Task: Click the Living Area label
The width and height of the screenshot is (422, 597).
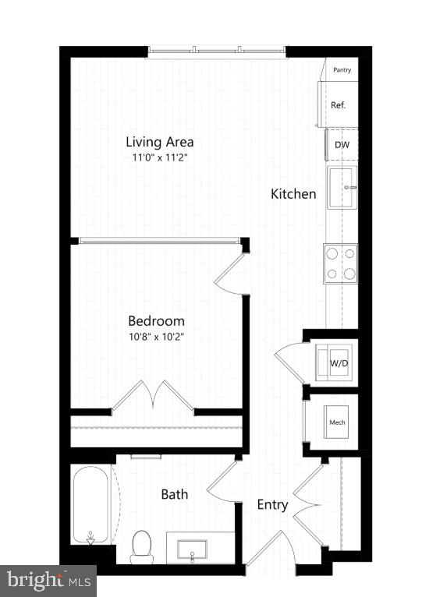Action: tap(160, 142)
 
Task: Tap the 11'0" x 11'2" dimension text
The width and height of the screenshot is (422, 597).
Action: tap(160, 157)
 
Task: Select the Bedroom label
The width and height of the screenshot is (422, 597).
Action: tap(157, 320)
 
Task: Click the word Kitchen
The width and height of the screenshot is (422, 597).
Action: tap(293, 194)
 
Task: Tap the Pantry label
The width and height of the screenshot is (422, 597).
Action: tap(342, 70)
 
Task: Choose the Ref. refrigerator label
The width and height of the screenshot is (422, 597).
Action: tap(339, 104)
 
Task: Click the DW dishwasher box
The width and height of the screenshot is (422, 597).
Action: tap(342, 145)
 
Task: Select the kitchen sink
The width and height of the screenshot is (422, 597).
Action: tap(342, 187)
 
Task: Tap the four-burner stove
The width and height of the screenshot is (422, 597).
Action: tap(341, 263)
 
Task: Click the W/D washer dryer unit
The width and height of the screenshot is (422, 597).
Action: tap(338, 362)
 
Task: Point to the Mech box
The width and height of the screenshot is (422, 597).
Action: tap(337, 422)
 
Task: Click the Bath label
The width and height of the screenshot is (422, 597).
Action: tap(174, 493)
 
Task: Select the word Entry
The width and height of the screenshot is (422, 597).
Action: tap(273, 505)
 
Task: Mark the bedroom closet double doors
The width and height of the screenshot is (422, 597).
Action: tap(153, 396)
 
